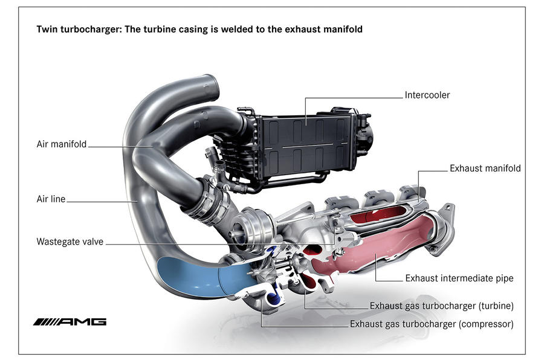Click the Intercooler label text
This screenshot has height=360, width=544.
click(427, 95)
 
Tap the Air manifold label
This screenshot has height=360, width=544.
click(62, 144)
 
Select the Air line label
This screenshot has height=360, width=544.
click(50, 198)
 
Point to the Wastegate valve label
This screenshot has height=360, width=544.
click(70, 242)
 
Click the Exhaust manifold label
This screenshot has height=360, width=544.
click(485, 169)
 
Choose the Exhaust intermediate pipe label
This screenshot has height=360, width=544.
click(459, 278)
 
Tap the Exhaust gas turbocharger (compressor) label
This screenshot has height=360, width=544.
click(432, 324)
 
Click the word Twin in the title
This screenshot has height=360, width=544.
click(47, 29)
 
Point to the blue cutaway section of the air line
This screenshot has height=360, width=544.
click(193, 277)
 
